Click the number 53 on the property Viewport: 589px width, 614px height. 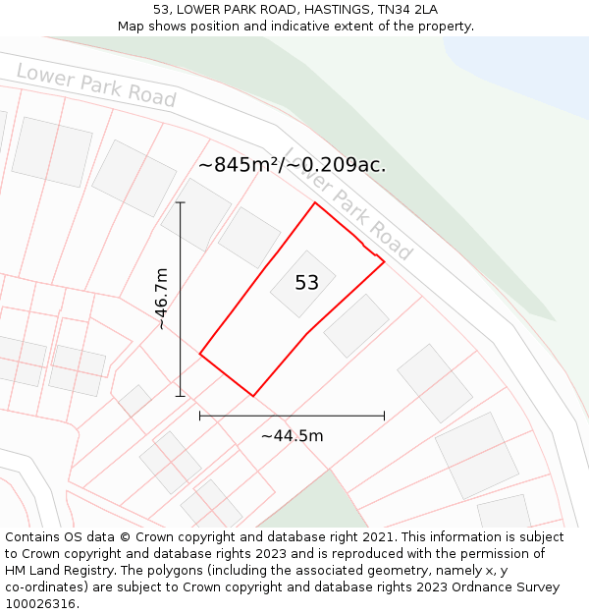(307, 283)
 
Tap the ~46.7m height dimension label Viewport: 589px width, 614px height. (161, 299)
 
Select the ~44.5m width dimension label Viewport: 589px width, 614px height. (293, 436)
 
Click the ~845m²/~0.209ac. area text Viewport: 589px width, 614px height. (292, 165)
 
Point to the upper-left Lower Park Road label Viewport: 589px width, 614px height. (96, 85)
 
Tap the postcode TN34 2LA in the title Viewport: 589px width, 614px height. (403, 10)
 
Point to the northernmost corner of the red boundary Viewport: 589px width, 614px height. (314, 203)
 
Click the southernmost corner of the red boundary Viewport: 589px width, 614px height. (253, 396)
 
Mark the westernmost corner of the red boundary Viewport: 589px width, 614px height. (200, 354)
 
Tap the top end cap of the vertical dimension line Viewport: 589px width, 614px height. (180, 202)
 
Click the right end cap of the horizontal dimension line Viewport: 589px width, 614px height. (384, 416)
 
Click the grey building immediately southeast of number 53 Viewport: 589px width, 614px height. (356, 326)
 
